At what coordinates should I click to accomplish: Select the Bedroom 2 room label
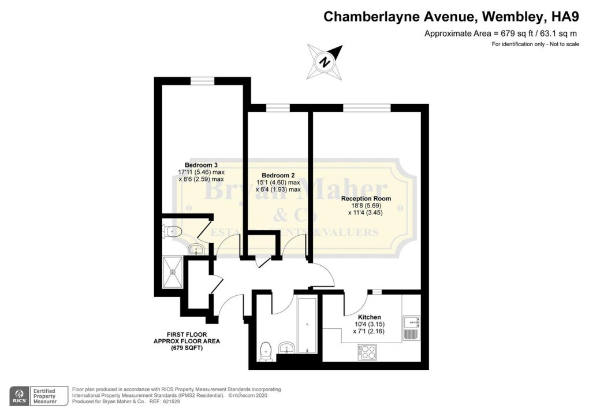point(278,175)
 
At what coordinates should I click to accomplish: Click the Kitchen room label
point(369,317)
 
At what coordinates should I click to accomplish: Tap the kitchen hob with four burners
point(367,351)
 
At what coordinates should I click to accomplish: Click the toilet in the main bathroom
point(266,350)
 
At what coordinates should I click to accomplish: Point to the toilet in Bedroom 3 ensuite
point(172,232)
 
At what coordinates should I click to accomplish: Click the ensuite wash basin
point(196,250)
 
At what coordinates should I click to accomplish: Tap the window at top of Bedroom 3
point(203,81)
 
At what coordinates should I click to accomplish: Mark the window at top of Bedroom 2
point(278,107)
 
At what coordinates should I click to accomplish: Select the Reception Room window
point(366,107)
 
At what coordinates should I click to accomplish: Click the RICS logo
point(18,396)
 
